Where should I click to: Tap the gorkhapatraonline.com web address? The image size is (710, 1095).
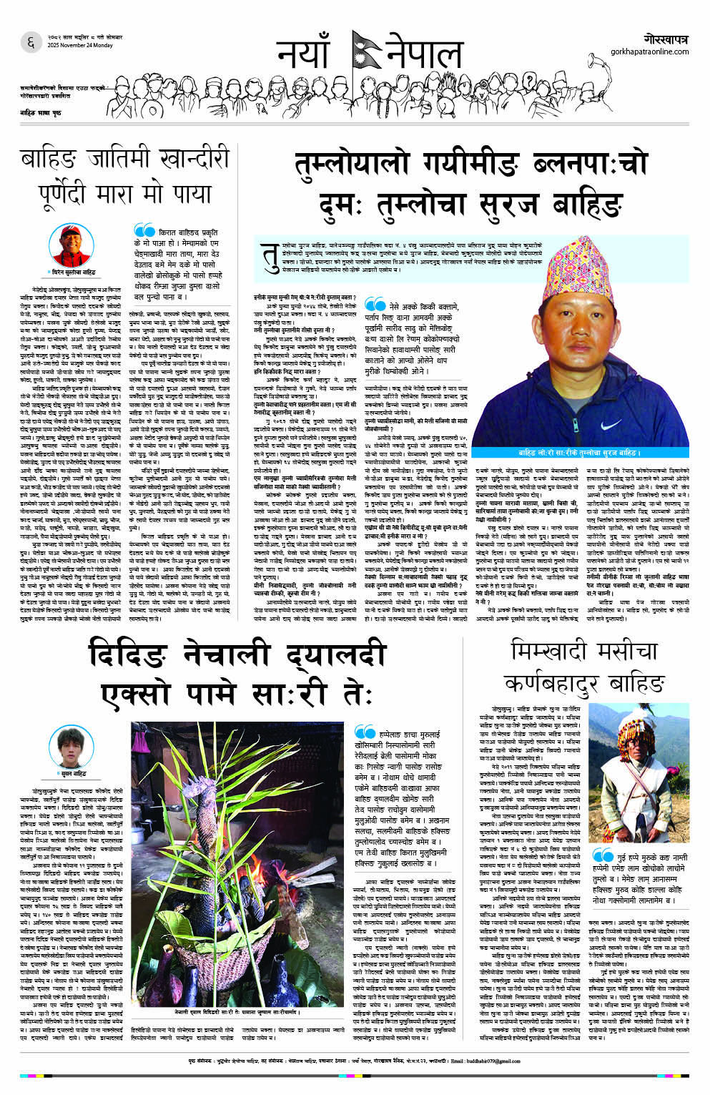click(x=649, y=51)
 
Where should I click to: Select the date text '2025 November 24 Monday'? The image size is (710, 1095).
click(x=71, y=45)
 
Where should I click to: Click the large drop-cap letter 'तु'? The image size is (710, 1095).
click(x=271, y=257)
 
